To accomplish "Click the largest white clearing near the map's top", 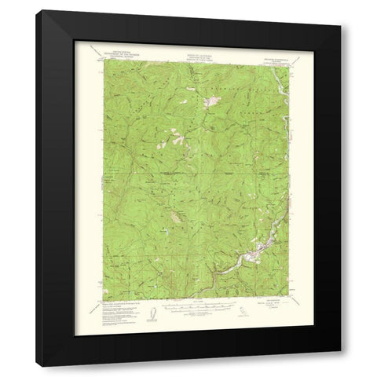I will [211, 101].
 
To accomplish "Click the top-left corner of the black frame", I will [42, 10].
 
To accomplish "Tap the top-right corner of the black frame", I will [344, 10].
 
